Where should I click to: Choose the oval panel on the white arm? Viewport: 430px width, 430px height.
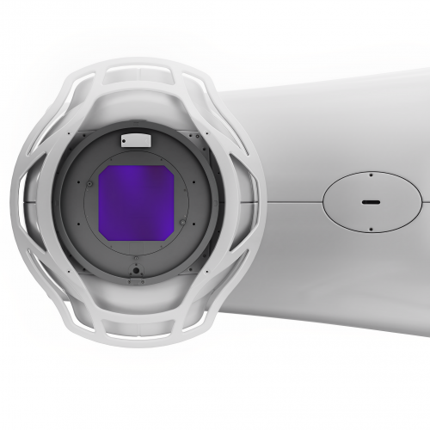(370, 200)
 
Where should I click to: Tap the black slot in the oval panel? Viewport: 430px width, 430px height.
(370, 201)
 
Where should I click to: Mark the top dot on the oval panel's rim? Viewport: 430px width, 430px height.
(370, 175)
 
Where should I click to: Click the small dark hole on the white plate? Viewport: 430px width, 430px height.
(126, 138)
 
